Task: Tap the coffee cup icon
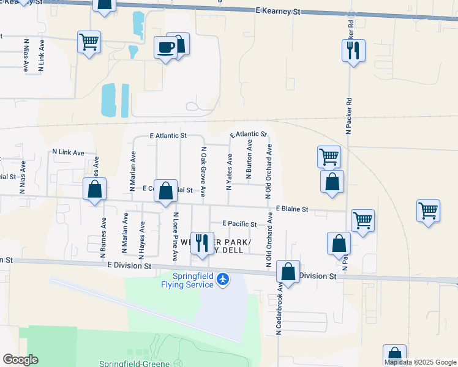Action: (165, 47)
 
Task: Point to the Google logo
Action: (20, 360)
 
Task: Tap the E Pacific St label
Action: (239, 224)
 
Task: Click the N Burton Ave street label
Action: (249, 159)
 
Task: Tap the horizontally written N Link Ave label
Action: (68, 151)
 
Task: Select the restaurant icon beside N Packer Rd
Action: (353, 51)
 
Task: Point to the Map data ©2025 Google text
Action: (420, 362)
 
